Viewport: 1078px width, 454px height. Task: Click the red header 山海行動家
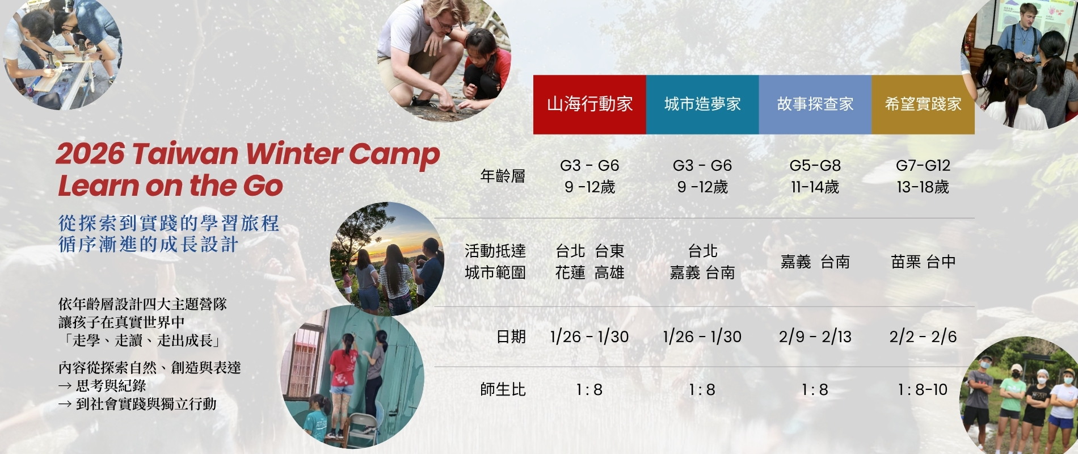click(x=589, y=104)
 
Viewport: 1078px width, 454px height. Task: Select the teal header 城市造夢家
click(x=702, y=104)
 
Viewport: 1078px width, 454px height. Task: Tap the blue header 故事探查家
click(x=815, y=104)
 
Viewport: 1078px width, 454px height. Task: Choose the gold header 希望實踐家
click(x=923, y=104)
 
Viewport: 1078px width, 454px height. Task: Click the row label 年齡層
click(x=503, y=176)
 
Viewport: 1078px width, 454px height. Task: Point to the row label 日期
click(x=511, y=337)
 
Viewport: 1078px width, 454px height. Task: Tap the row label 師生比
click(x=503, y=390)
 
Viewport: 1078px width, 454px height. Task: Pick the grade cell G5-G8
click(x=815, y=166)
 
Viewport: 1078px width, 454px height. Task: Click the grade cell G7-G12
click(x=923, y=166)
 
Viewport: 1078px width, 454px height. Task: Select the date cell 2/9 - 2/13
click(x=815, y=337)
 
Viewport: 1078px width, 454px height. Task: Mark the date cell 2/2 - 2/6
click(x=923, y=337)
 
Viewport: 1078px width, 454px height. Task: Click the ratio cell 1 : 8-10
click(x=923, y=390)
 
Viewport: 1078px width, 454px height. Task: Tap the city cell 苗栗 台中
click(x=923, y=262)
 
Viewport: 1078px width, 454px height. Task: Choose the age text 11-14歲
click(x=815, y=187)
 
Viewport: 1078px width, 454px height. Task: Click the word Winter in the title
click(x=293, y=154)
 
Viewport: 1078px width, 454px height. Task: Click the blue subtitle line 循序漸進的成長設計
click(x=149, y=245)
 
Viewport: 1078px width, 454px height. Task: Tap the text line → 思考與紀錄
click(x=102, y=386)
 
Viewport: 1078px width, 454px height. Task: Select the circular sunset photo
click(x=387, y=259)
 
